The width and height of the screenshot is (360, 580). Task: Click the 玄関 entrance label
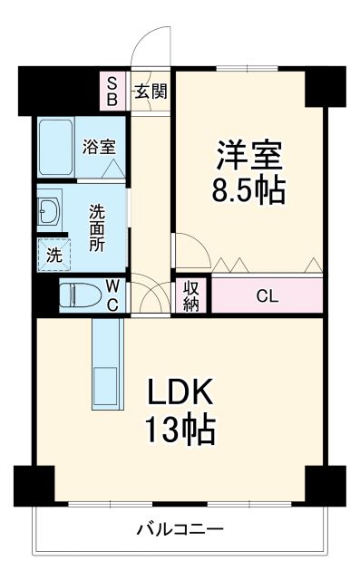[151, 91]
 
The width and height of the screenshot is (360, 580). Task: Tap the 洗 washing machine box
[54, 256]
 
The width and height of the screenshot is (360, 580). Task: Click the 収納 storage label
[192, 296]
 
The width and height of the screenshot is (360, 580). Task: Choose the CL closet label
[267, 295]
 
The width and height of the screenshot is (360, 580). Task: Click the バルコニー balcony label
[180, 528]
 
